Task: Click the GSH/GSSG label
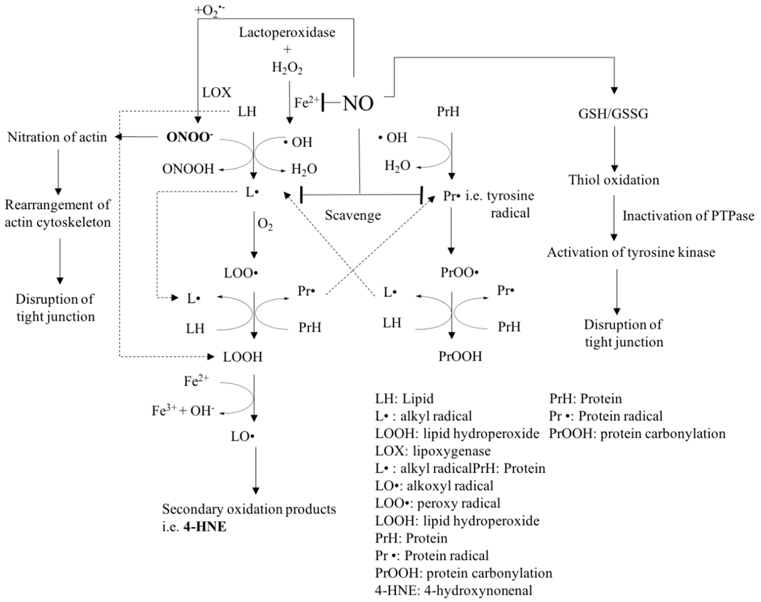(613, 114)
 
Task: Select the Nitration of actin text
(57, 137)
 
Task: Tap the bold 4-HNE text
(205, 527)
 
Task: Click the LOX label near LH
(216, 93)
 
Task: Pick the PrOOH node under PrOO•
(460, 356)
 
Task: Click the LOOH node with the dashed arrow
(243, 357)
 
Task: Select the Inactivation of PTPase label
(688, 216)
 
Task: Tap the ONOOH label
(188, 169)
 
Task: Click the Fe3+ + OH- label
(183, 411)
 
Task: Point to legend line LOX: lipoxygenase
(433, 451)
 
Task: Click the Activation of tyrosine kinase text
(631, 252)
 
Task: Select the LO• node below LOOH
(243, 437)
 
